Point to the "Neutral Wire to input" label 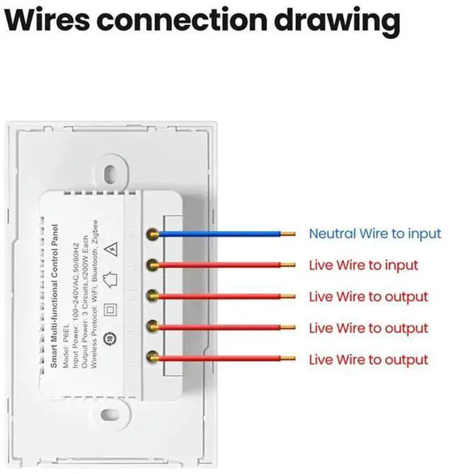(x=374, y=233)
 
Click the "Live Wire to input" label (x=363, y=265)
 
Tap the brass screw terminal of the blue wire (x=151, y=233)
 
